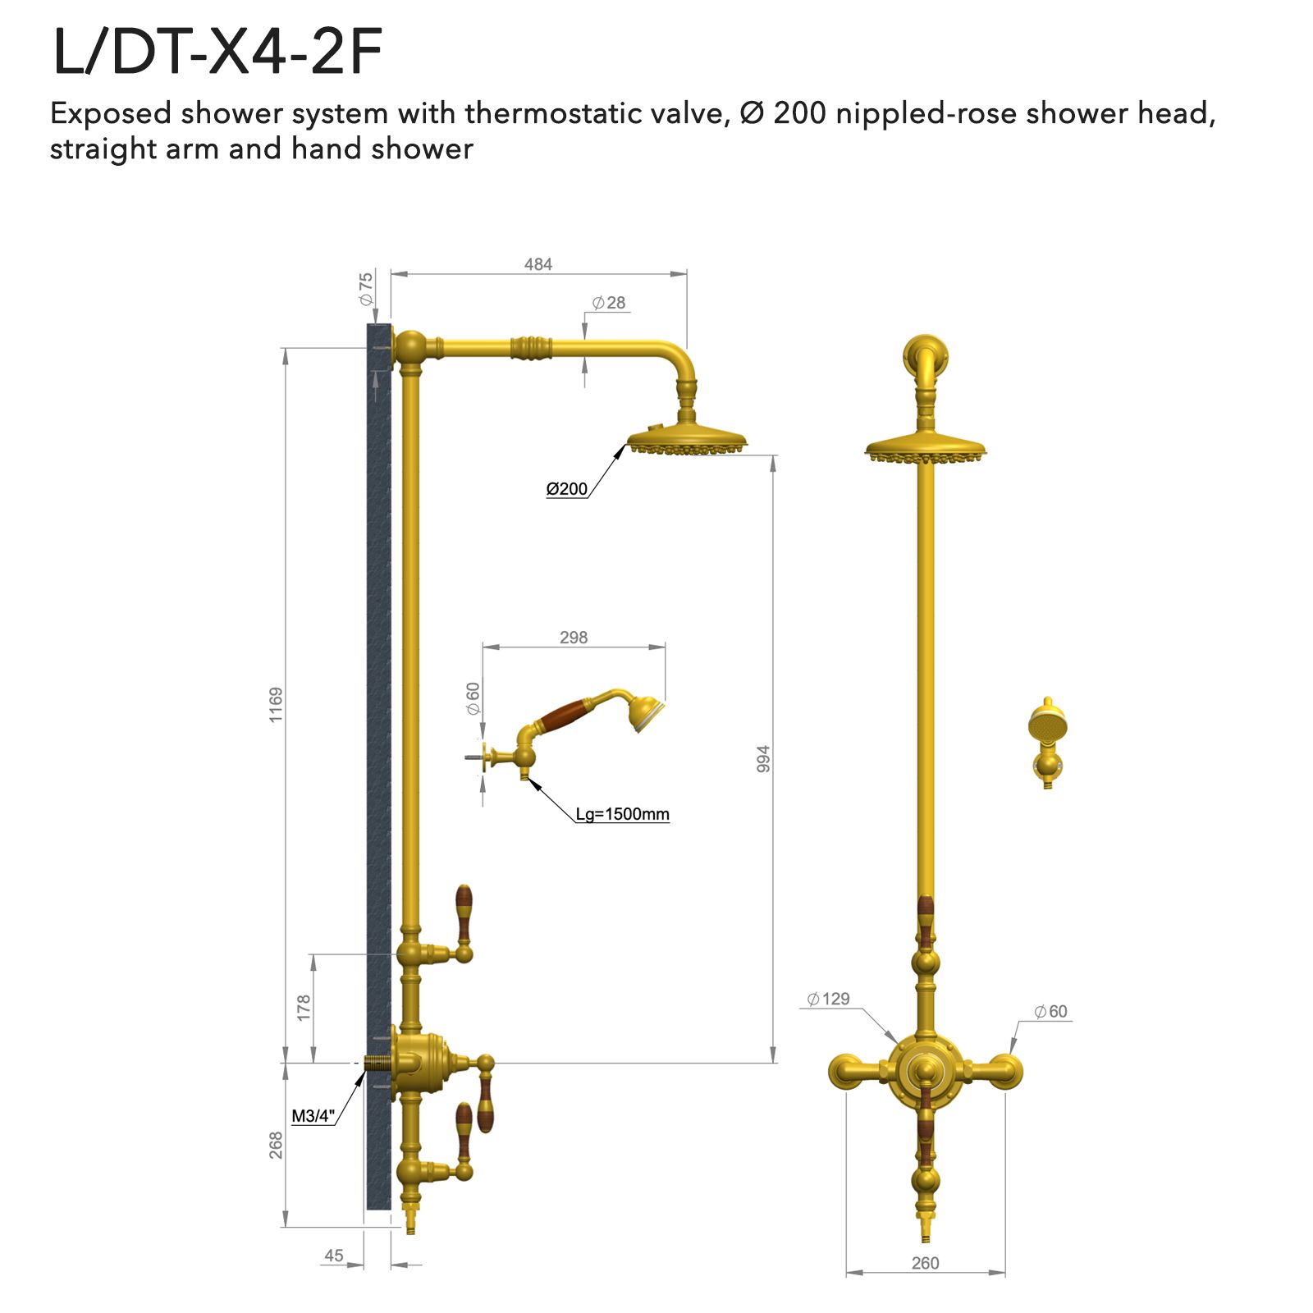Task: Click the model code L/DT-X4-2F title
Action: click(x=217, y=53)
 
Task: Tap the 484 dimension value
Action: click(x=538, y=264)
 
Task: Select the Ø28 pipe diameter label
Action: click(x=609, y=303)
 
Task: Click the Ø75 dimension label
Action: click(x=365, y=289)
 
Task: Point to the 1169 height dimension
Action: click(x=276, y=704)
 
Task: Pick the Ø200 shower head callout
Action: click(x=566, y=489)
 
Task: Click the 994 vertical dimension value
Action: click(x=763, y=758)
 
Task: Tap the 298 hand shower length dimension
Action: click(x=573, y=638)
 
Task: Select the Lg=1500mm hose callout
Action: click(x=622, y=814)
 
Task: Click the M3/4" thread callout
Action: click(x=313, y=1116)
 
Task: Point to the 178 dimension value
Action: click(x=304, y=1007)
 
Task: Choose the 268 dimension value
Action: click(x=276, y=1145)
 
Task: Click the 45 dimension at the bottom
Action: click(x=333, y=1256)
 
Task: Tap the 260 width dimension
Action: click(x=925, y=1263)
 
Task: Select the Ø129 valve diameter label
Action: click(x=828, y=999)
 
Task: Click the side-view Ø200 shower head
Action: click(x=687, y=439)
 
